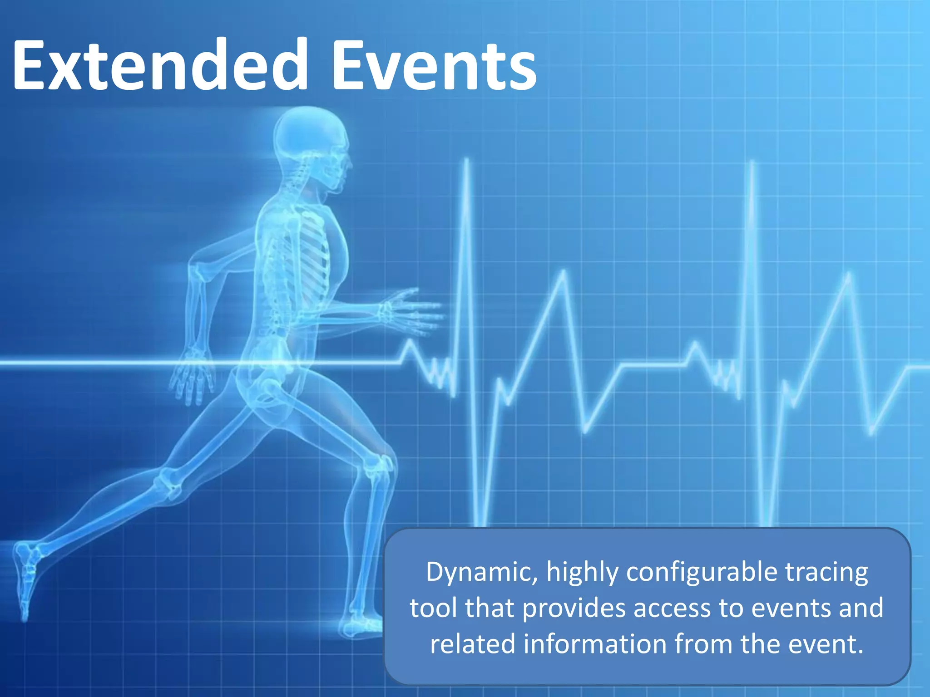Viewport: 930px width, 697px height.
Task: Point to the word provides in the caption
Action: click(x=574, y=609)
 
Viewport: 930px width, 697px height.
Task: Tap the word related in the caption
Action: click(x=472, y=644)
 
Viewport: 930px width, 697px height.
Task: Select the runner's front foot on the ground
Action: click(x=361, y=628)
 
